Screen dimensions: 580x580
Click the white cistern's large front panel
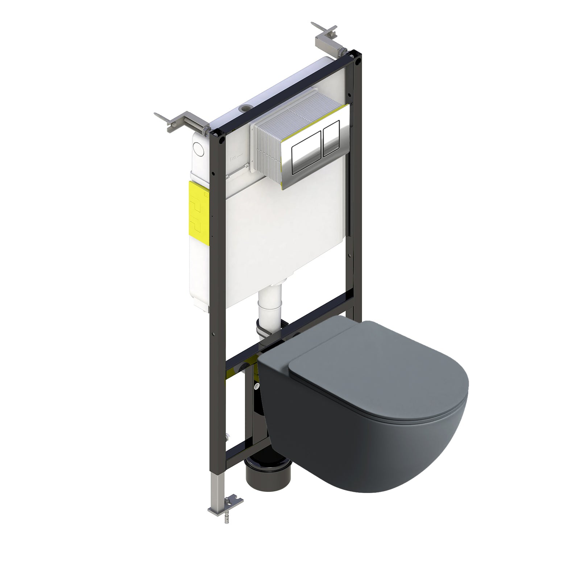(x=283, y=236)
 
